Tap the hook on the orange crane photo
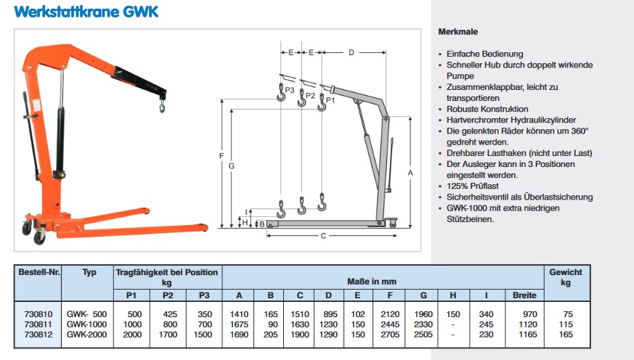[162, 107]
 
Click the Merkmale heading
[458, 32]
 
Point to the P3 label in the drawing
[290, 90]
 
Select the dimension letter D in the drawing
[351, 53]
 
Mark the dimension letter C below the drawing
[323, 236]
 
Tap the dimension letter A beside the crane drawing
[410, 173]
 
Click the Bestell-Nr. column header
[39, 272]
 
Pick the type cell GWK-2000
[86, 335]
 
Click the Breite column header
[524, 295]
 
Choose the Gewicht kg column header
[566, 277]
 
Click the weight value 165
[566, 335]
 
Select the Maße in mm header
[383, 281]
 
